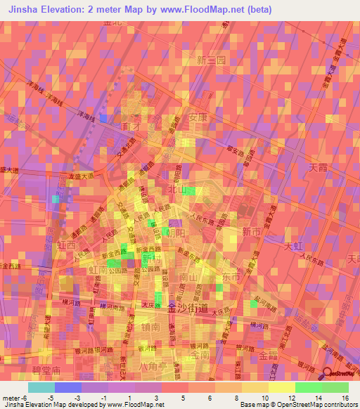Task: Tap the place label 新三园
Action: (211, 60)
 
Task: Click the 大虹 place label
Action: (293, 247)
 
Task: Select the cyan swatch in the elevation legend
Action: (41, 387)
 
